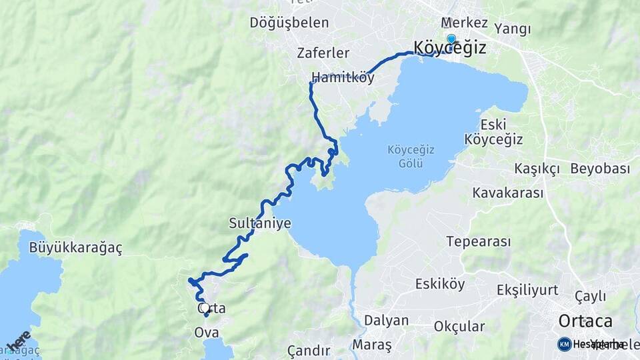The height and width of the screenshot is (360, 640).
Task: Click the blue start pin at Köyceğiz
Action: click(451, 39)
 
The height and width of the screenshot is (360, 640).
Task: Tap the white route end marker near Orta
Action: click(205, 308)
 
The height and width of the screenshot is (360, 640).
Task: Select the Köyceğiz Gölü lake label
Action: click(411, 157)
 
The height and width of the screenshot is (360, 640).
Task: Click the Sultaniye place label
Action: click(260, 223)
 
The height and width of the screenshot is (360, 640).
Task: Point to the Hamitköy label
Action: click(343, 78)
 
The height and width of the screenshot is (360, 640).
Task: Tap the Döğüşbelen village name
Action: click(289, 23)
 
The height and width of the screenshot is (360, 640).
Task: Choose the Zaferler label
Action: click(323, 53)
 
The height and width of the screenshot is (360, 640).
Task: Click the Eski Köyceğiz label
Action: click(493, 132)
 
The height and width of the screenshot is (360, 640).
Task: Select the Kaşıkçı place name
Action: click(537, 169)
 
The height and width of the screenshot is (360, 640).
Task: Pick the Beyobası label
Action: click(600, 169)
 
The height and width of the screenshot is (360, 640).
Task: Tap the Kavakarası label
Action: click(508, 193)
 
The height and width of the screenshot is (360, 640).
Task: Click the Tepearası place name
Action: click(479, 241)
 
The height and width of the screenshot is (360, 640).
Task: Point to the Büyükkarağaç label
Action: click(76, 248)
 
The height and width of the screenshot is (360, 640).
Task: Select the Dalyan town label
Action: click(386, 321)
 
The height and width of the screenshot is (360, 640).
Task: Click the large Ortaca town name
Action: click(585, 321)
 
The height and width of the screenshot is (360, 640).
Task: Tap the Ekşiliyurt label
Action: click(527, 290)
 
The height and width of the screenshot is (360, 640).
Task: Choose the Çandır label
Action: click(309, 351)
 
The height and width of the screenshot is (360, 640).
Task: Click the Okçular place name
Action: click(459, 327)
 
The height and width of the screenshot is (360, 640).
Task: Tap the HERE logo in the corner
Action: click(18, 341)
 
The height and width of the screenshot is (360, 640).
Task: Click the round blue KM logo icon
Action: click(564, 344)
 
